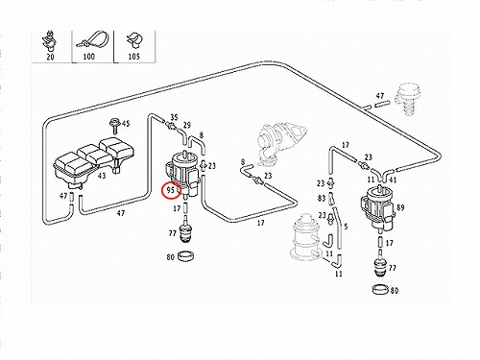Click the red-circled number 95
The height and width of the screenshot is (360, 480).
point(170,190)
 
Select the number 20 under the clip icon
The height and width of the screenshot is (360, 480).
point(50,57)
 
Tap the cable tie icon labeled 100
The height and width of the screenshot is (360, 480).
point(91,40)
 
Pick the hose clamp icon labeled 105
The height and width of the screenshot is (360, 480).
point(133,40)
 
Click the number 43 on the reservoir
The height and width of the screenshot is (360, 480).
point(102,176)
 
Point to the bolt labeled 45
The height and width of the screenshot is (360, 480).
point(113,126)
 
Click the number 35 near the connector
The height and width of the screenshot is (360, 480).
point(174,117)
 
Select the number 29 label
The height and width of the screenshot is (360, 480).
point(187,125)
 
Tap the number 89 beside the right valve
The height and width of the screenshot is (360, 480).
point(400,207)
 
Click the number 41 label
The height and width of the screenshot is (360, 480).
point(393,180)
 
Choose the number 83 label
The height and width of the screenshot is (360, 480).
point(322,199)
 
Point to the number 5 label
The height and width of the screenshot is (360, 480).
point(346,227)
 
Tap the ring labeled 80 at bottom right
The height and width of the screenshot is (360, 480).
point(380,289)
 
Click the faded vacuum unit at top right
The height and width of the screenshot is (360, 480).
point(407,98)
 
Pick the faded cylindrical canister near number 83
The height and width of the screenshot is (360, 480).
point(304,236)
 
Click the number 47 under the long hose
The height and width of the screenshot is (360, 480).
point(121,213)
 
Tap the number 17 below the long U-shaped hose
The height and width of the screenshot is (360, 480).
point(261,223)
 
